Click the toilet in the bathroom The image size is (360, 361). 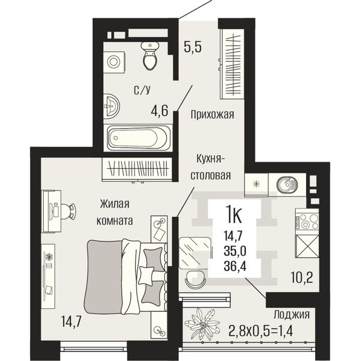[x=150, y=55]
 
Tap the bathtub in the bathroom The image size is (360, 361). [x=138, y=138]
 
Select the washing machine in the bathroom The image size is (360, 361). [x=114, y=62]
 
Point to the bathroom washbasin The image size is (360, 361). [x=111, y=106]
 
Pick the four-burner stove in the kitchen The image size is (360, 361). [x=307, y=222]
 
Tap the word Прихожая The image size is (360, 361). [x=212, y=114]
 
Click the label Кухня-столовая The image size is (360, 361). [x=211, y=167]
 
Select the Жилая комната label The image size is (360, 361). [x=115, y=212]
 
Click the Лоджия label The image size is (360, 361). [x=292, y=314]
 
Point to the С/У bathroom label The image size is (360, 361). [x=142, y=90]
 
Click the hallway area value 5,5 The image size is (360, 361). [x=193, y=47]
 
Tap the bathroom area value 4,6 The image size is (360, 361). [x=160, y=111]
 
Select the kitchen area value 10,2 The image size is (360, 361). [x=302, y=278]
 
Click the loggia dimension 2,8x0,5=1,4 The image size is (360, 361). [x=261, y=332]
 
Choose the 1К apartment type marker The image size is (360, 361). [x=234, y=215]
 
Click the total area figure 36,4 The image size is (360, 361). [x=235, y=266]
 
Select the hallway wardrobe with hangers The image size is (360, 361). [x=232, y=64]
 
